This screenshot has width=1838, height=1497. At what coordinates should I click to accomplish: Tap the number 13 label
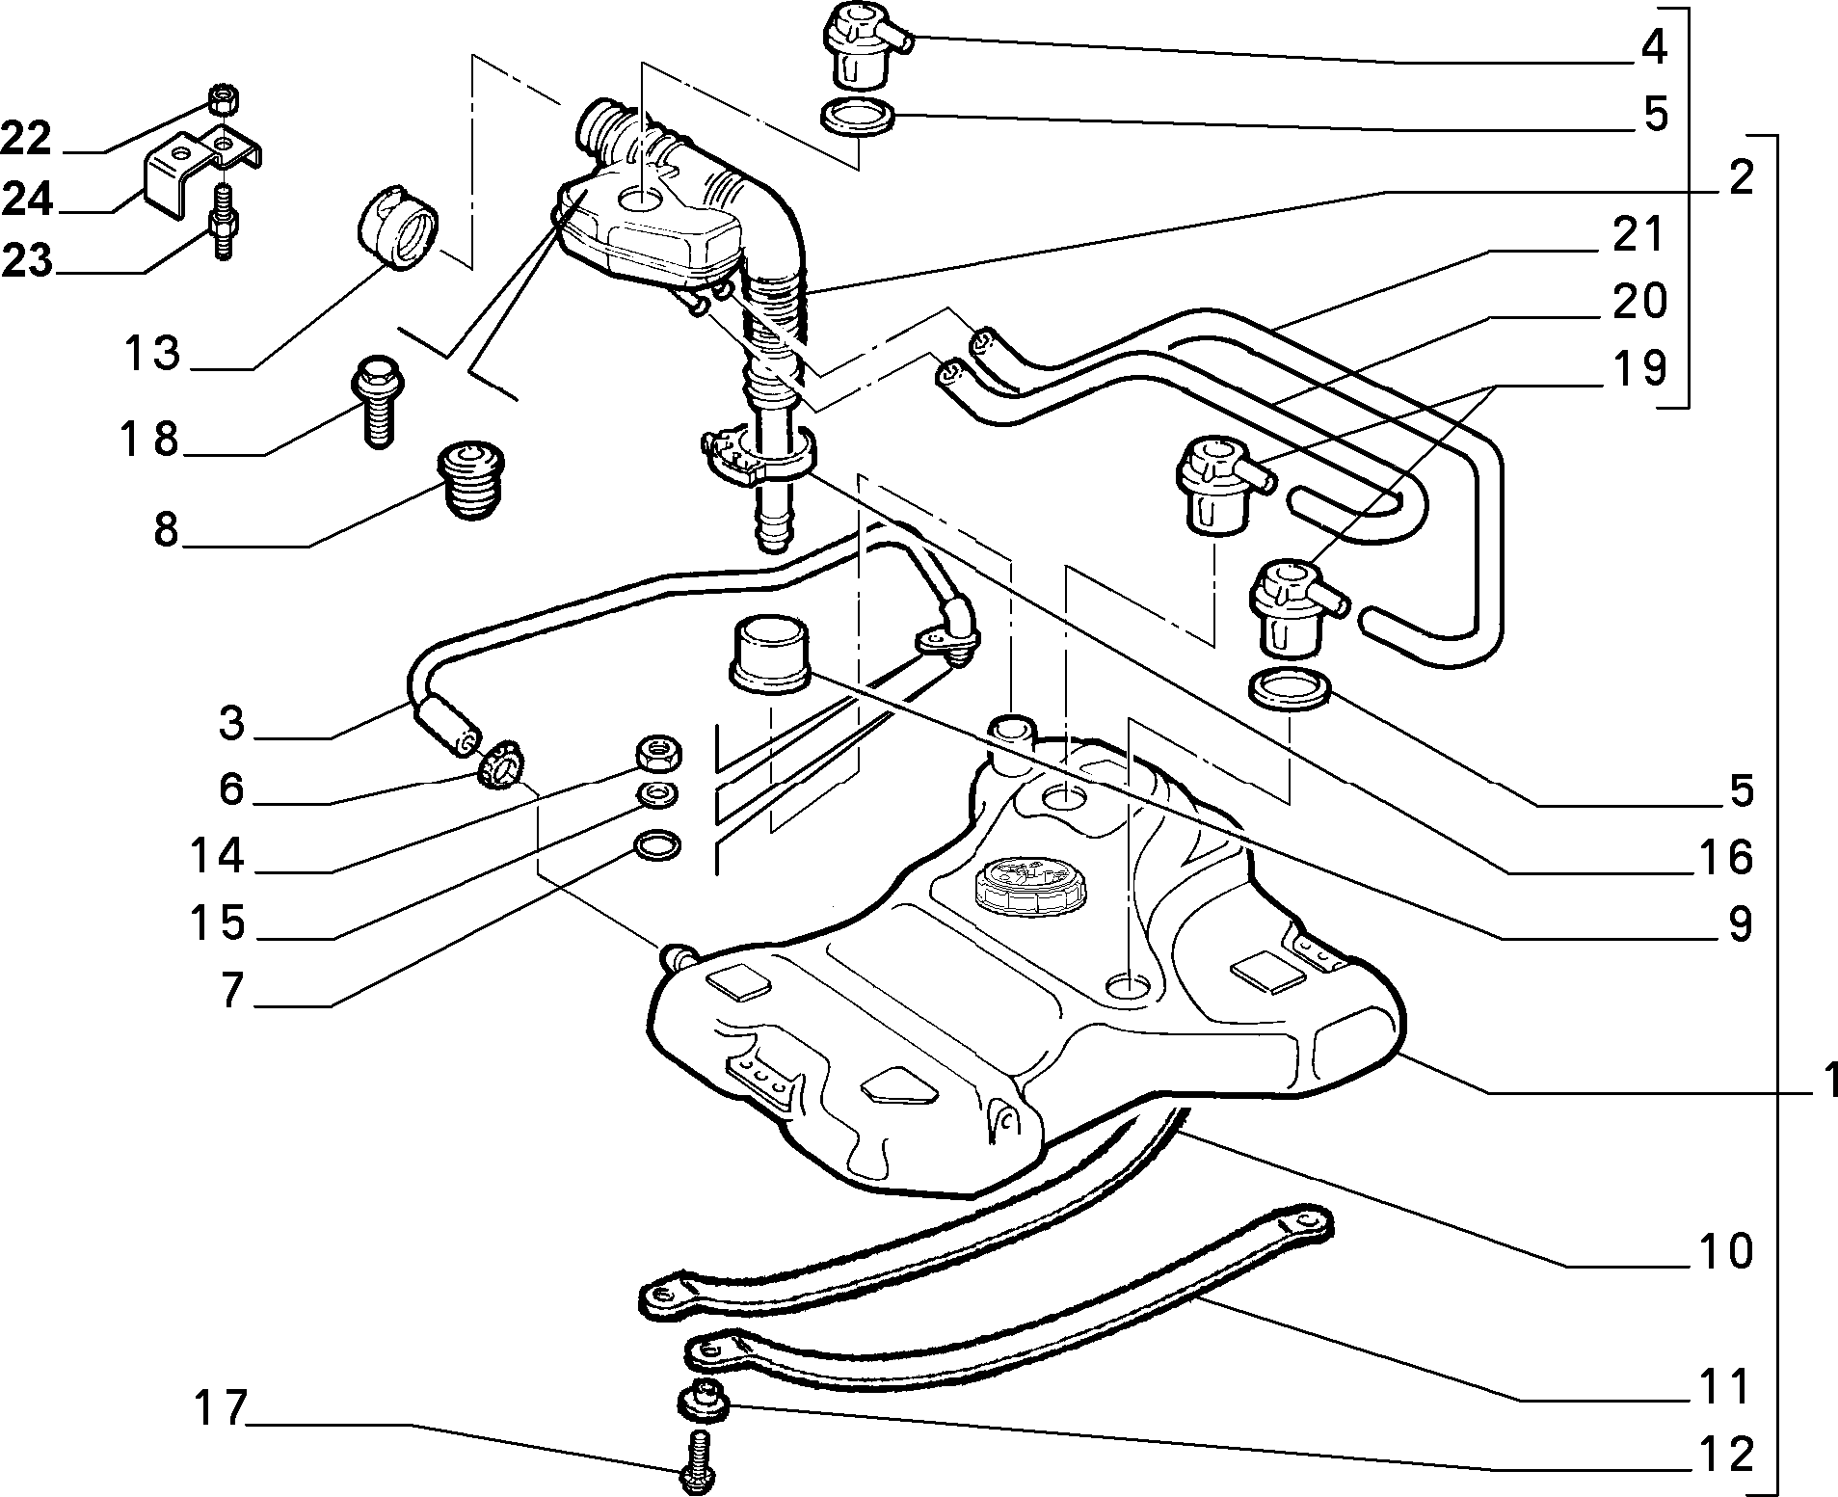[152, 353]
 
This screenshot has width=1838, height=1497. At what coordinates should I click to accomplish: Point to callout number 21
[1638, 234]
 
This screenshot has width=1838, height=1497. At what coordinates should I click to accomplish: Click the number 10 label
[1725, 1251]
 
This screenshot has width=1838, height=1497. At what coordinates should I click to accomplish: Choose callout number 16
[1725, 856]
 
